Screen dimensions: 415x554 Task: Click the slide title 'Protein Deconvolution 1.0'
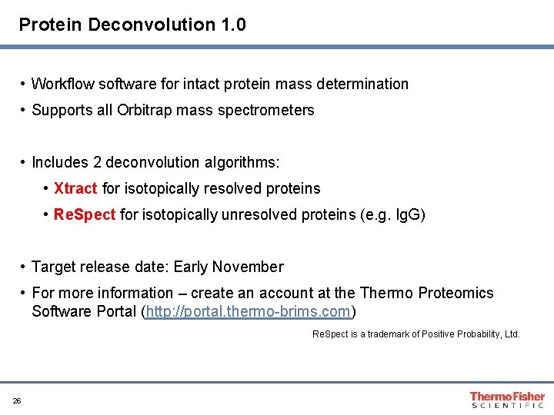click(x=132, y=25)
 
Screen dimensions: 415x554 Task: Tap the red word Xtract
click(x=75, y=188)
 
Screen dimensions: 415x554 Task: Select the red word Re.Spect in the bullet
click(x=85, y=214)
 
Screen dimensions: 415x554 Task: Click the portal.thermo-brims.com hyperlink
click(x=249, y=312)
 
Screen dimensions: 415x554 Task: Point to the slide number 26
click(x=17, y=400)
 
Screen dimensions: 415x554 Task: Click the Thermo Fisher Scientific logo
click(x=507, y=400)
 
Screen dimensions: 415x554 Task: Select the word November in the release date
click(x=251, y=267)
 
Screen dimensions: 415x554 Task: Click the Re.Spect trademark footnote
click(x=415, y=334)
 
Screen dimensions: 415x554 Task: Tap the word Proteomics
click(x=456, y=293)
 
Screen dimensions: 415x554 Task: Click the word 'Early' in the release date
click(x=191, y=267)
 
